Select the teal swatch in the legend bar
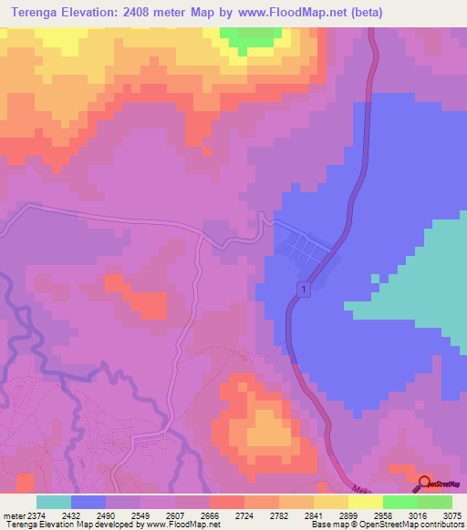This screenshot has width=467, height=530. (53, 502)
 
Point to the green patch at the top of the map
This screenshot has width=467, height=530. (251, 36)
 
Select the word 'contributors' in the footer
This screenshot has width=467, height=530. (441, 525)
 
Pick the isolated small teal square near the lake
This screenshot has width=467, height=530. (374, 279)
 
